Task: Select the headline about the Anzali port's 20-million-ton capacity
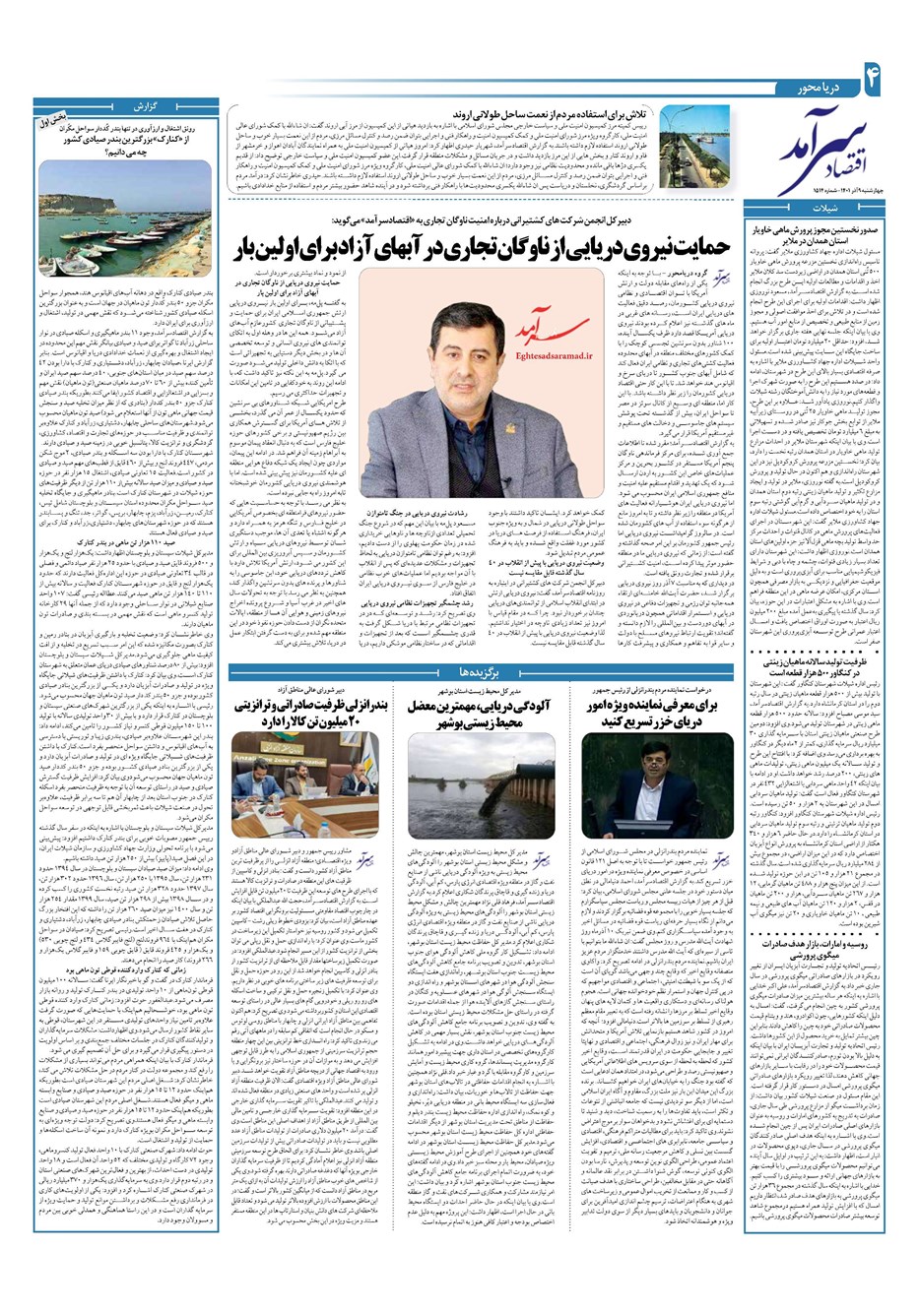point(313,716)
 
